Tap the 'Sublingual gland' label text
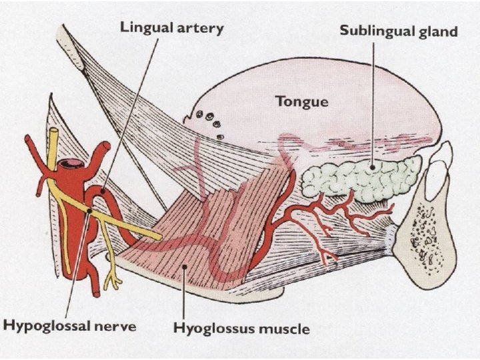click(x=399, y=32)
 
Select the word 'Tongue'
click(x=302, y=101)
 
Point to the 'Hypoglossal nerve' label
click(x=70, y=326)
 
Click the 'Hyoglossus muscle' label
click(x=241, y=329)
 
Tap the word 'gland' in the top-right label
click(x=439, y=32)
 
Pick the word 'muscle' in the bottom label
click(x=285, y=329)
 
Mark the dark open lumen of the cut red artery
click(x=71, y=163)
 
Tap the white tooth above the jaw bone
click(x=441, y=161)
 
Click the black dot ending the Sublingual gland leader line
click(x=372, y=163)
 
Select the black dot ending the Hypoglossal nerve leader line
click(x=89, y=211)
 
